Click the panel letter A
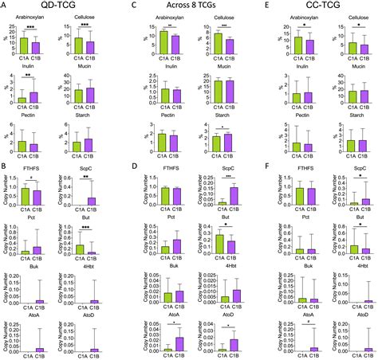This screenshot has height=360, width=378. click(4, 6)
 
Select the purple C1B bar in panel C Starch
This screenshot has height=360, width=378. click(219, 142)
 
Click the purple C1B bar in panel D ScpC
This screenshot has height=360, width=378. click(219, 197)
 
